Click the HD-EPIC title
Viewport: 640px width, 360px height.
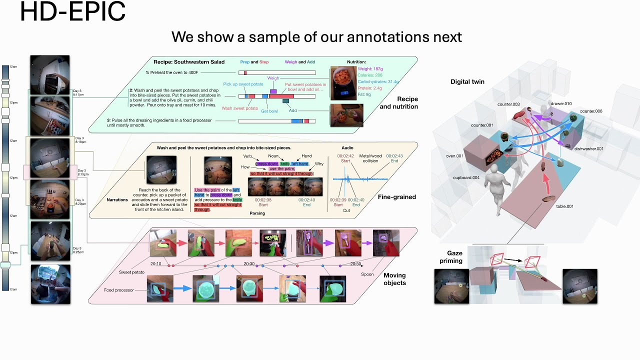tap(72, 12)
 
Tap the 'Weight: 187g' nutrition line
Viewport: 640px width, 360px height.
tap(370, 68)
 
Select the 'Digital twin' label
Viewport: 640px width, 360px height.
tap(467, 81)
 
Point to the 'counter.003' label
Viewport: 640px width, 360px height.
tap(508, 104)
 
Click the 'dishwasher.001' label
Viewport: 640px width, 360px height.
tap(588, 148)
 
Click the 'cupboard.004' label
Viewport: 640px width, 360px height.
tap(466, 177)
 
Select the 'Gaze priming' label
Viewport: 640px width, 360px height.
tap(451, 257)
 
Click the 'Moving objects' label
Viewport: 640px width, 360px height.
tap(394, 279)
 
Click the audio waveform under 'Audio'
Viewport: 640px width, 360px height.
tap(360, 179)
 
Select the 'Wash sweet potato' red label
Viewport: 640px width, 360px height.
tap(240, 108)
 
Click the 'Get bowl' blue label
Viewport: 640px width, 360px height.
tap(269, 111)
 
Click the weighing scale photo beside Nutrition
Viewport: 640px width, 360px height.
tap(343, 83)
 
